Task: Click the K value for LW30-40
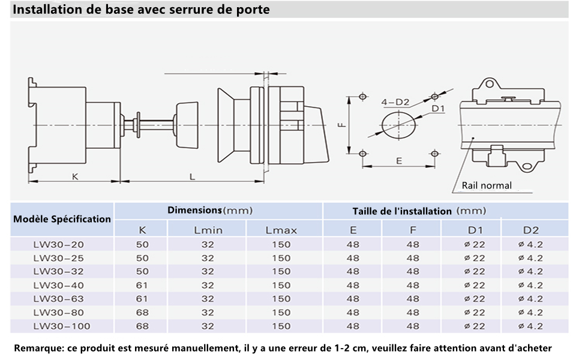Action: [142, 286]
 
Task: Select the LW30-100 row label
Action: [62, 326]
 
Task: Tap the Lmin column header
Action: [208, 230]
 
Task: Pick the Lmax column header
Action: [281, 230]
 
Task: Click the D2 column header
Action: [530, 230]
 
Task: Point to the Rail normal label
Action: [486, 185]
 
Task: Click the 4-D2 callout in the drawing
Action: [395, 102]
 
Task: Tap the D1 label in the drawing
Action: [438, 109]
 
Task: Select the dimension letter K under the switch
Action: [75, 176]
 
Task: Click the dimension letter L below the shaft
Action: [192, 176]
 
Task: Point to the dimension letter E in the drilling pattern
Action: [399, 161]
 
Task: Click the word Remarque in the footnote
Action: [38, 348]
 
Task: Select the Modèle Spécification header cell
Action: [62, 219]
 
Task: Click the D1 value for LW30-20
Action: [475, 245]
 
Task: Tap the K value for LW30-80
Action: [142, 313]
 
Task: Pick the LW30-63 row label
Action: [58, 299]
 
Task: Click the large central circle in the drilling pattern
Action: [398, 125]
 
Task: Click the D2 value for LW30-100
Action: [530, 326]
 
